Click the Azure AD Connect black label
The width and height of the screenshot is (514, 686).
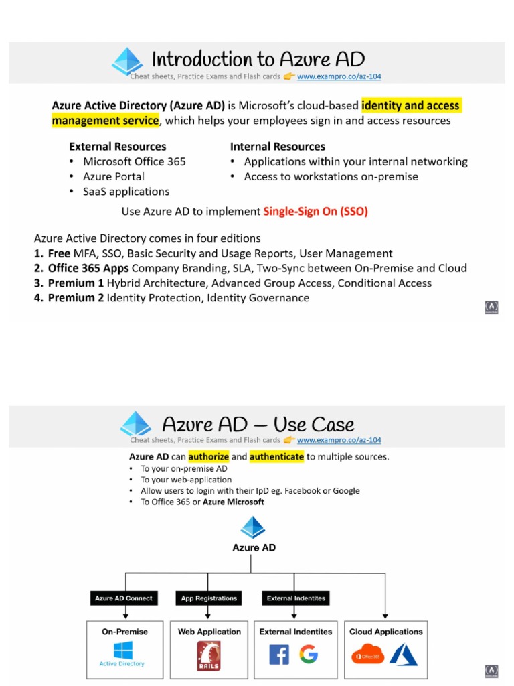click(123, 598)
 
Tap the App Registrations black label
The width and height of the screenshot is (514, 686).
click(209, 598)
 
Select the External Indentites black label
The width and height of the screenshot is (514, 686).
click(296, 598)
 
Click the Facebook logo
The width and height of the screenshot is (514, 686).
click(278, 655)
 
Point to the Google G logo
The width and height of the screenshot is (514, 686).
click(309, 654)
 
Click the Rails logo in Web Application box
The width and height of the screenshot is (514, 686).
click(209, 656)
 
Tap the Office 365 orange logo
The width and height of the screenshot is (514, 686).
click(368, 655)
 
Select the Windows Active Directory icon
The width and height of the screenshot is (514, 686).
click(122, 650)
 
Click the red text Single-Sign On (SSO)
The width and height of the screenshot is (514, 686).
click(315, 212)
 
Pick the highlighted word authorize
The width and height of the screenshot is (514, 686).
click(208, 457)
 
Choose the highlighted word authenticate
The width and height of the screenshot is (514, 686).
click(276, 457)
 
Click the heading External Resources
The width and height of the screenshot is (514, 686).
click(117, 147)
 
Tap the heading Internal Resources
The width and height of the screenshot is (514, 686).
click(277, 147)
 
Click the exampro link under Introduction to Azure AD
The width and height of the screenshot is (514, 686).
click(339, 76)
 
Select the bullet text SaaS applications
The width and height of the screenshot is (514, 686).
click(126, 192)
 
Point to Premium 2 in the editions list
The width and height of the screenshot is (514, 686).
click(76, 298)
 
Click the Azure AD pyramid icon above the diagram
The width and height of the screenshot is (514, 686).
click(253, 527)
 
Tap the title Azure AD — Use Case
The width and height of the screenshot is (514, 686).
click(258, 425)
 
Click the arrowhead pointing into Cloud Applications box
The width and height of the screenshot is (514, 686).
click(385, 615)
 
